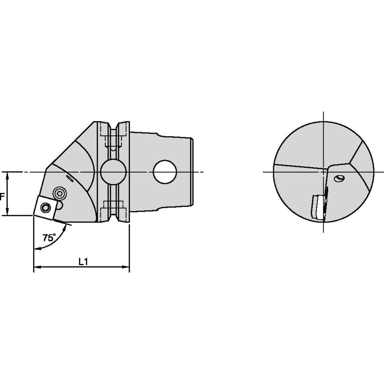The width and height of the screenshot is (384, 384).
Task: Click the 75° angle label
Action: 49,237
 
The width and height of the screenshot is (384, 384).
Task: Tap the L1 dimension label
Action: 83,262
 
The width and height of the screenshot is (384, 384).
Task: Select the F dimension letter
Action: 2,196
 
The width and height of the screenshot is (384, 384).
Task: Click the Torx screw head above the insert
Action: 60,194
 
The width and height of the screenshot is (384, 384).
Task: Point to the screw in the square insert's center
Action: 45,208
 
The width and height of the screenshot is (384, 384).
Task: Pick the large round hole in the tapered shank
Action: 165,172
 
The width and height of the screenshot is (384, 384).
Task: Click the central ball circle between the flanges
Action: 113,172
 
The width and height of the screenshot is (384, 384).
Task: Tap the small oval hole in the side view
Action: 70,179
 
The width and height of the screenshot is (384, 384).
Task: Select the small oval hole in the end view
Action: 339,179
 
